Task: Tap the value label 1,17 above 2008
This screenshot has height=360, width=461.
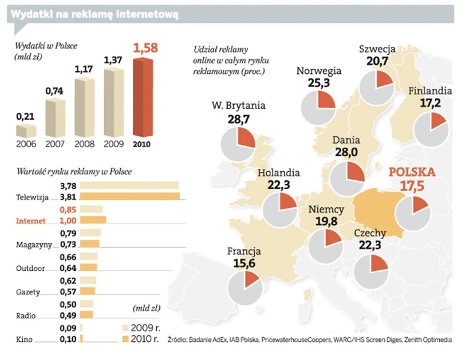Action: tap(85, 69)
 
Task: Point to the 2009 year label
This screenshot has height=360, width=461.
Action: tap(114, 144)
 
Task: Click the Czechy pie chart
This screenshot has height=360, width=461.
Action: tap(371, 271)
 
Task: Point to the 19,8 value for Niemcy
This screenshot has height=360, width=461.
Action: tap(325, 221)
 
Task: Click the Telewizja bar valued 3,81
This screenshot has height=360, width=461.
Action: tap(130, 197)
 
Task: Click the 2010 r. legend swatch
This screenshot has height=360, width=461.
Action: tap(129, 338)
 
